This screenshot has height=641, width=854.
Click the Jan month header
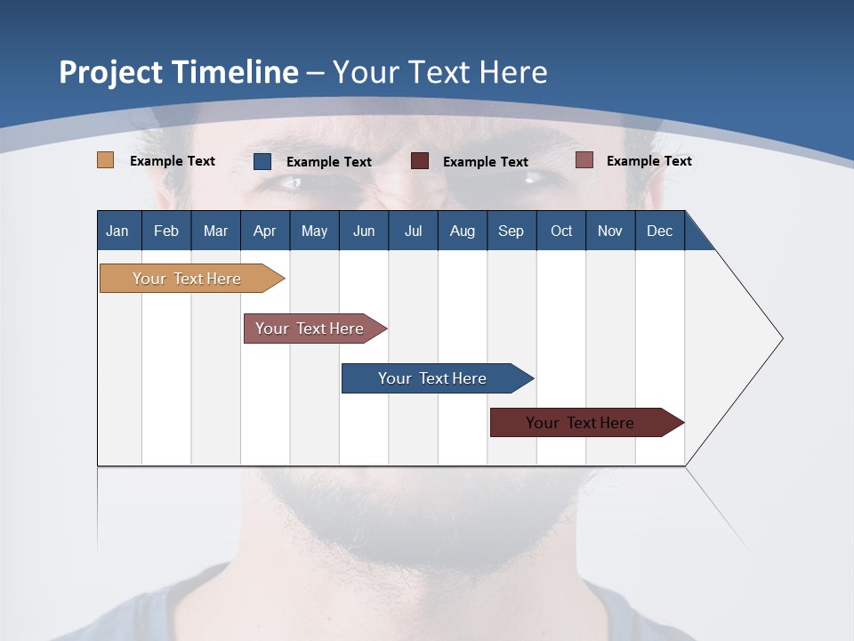[117, 231]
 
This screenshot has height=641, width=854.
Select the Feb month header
[166, 231]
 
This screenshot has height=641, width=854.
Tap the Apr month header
[264, 231]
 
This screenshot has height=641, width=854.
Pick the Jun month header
[364, 231]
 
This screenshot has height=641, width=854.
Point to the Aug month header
[462, 231]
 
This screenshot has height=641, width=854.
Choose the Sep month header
[511, 231]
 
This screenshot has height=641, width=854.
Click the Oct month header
[561, 231]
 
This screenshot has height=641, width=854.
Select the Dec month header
[659, 231]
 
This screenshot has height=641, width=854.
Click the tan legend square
[105, 160]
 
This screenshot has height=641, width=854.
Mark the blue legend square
[262, 161]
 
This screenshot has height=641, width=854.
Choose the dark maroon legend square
[420, 161]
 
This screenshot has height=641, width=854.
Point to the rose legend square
[584, 160]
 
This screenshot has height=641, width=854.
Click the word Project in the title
[111, 72]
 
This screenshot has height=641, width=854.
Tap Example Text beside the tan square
[173, 161]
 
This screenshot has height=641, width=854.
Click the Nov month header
[610, 231]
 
